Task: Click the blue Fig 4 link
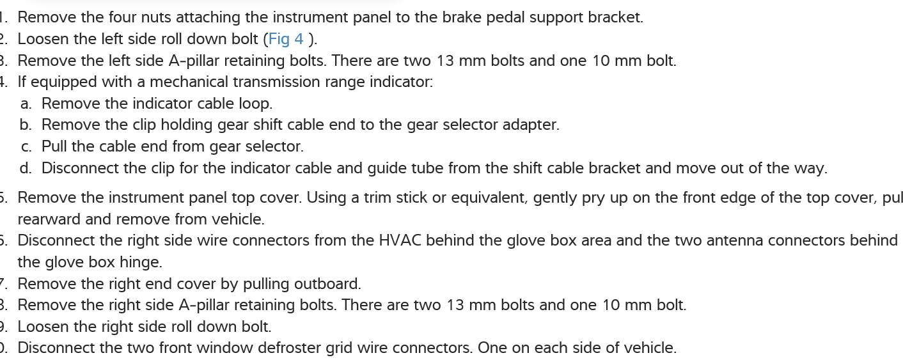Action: [x=286, y=39]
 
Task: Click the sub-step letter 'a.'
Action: [x=26, y=104]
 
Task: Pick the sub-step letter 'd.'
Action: [x=26, y=168]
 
